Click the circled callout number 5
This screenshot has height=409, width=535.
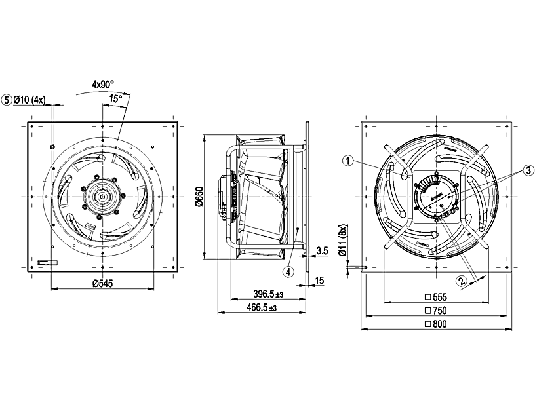coord(7,100)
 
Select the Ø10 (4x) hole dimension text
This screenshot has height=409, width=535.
coord(30,100)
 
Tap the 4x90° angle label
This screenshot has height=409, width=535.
coord(103,84)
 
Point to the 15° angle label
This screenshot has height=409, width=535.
coord(115,98)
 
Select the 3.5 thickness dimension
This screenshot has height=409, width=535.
coord(321,250)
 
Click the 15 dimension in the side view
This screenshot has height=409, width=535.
coord(319,281)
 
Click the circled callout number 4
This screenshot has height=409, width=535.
coord(288,270)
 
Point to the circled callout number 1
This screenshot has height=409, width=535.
coord(348,159)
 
